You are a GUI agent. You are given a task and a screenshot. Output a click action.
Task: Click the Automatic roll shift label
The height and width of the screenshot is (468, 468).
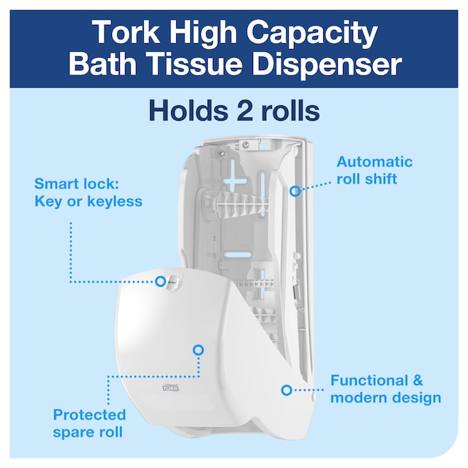[374, 170]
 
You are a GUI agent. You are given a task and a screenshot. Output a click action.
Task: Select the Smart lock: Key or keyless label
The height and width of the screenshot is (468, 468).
[88, 192]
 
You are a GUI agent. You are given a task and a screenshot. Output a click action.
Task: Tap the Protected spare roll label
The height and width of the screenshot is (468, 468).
[89, 423]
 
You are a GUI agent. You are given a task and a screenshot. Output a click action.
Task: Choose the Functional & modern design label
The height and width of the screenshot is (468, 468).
[385, 389]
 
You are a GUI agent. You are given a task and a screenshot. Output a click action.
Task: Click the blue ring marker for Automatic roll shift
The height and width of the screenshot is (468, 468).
[295, 191]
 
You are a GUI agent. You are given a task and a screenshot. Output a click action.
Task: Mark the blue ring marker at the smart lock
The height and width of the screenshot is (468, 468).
[160, 281]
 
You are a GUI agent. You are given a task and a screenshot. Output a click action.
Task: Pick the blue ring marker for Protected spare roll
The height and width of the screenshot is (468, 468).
[198, 350]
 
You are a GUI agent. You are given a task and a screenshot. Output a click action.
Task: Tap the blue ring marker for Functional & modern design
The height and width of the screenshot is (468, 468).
[287, 390]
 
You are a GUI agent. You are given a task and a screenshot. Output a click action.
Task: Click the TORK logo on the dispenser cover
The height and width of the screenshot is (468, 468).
[170, 388]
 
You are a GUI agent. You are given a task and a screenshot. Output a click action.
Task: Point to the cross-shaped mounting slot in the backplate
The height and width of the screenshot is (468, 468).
[235, 180]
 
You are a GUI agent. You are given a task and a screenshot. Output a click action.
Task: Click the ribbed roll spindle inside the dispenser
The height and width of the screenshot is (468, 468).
[234, 202]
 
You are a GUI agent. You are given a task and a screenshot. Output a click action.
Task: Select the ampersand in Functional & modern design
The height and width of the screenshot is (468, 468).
[418, 381]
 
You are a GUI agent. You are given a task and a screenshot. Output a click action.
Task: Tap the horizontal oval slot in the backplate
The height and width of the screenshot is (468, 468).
[238, 255]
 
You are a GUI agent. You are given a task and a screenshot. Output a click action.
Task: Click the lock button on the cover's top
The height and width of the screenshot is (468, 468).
[173, 282]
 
